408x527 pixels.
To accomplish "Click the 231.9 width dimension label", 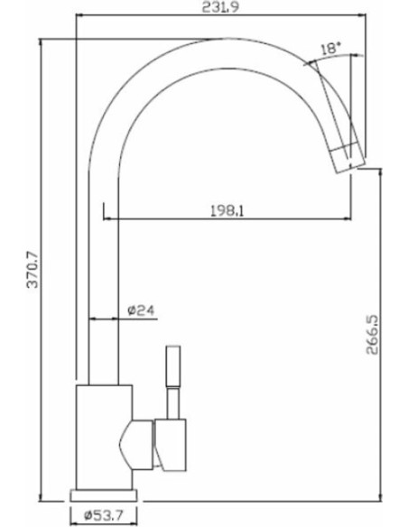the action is (221, 7).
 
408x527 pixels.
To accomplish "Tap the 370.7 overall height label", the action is (32, 270).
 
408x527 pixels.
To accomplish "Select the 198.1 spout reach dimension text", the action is (227, 211).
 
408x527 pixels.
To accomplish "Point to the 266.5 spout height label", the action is (372, 335).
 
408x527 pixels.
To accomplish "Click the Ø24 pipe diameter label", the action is (141, 310).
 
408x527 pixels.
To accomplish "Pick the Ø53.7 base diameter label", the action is (104, 514).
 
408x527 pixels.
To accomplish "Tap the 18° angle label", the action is (331, 49).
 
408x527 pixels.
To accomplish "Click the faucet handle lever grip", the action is (173, 366).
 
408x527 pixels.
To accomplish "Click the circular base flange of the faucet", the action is (104, 495).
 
